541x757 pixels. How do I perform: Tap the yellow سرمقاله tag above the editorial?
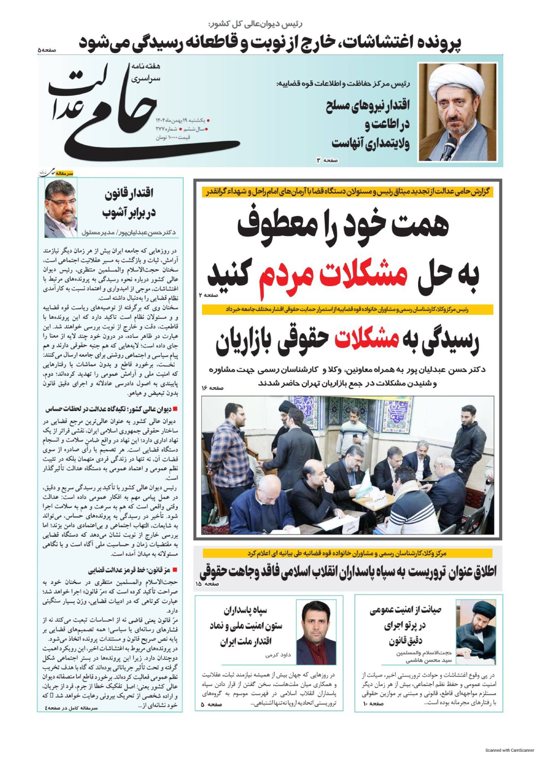(x=65, y=174)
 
